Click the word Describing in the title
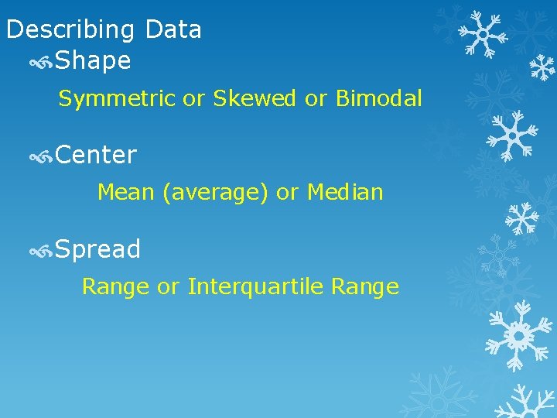[x=71, y=30]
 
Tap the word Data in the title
[x=173, y=29]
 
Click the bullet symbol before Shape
[x=40, y=62]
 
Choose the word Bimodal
[x=378, y=99]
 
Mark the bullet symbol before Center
[x=40, y=156]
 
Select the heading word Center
[x=96, y=156]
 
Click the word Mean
[x=126, y=192]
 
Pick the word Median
[x=345, y=192]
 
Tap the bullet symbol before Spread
[x=40, y=251]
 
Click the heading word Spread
[x=97, y=250]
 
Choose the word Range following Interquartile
[x=364, y=287]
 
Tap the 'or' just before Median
[x=287, y=192]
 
